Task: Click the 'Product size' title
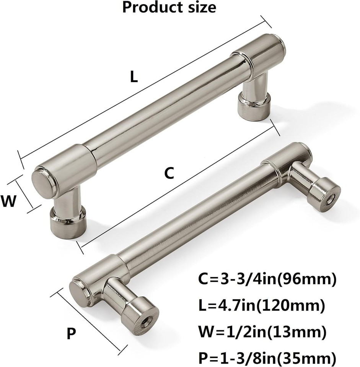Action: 169,7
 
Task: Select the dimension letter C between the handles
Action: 169,173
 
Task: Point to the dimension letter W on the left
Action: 9,201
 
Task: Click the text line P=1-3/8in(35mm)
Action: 267,357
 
